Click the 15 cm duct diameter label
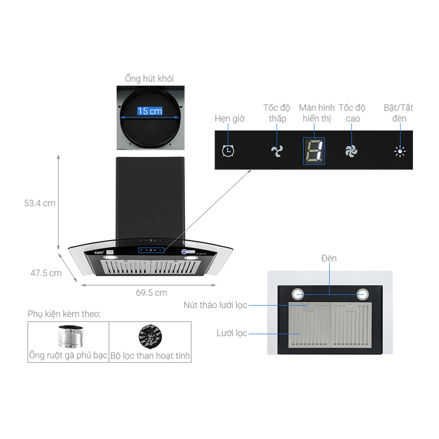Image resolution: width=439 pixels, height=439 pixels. click(x=150, y=111)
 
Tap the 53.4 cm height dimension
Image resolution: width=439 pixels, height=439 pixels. click(x=40, y=203)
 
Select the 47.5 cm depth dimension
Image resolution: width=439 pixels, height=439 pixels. click(x=46, y=273)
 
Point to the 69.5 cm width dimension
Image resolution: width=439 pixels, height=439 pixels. click(x=151, y=293)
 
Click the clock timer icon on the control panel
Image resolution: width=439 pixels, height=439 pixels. click(x=228, y=151)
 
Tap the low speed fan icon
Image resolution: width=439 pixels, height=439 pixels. click(x=277, y=151)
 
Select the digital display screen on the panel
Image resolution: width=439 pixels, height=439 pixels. click(x=314, y=151)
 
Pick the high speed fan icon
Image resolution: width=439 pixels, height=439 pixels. click(x=351, y=151)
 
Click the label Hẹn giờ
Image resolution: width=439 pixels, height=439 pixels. click(x=230, y=119)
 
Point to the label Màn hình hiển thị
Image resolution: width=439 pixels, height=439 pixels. click(x=317, y=113)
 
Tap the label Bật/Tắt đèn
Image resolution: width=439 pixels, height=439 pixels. click(x=399, y=113)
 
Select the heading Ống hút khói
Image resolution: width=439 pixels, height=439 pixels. click(x=149, y=79)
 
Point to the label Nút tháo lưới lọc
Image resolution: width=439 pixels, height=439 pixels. click(x=215, y=305)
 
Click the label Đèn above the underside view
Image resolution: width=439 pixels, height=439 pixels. click(x=329, y=258)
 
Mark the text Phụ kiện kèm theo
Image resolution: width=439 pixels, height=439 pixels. click(x=64, y=314)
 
